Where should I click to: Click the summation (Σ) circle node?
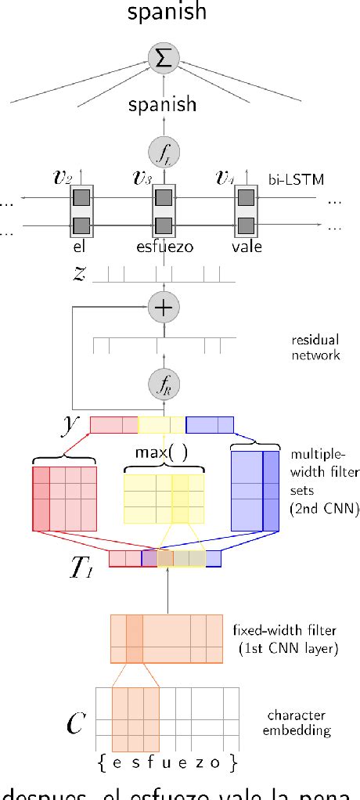click(x=164, y=56)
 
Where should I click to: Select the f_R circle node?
click(x=164, y=384)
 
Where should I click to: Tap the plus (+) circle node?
click(x=164, y=308)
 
